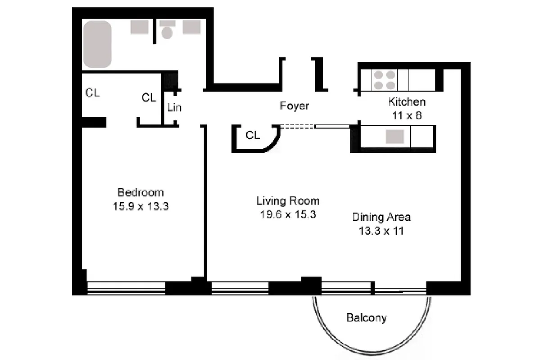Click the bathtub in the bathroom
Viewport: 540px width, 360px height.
pos(97,44)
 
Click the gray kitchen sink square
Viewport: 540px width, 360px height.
pos(395,136)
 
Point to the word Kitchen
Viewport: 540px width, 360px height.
pos(406,102)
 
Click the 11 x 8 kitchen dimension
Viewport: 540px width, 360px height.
pos(406,115)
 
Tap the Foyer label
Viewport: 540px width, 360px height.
pos(294,106)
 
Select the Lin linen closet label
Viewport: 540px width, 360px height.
pos(174,108)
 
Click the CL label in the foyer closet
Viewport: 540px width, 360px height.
pos(253,135)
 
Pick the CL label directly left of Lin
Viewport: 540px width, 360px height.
pos(149,97)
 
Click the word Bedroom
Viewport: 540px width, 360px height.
pos(140,193)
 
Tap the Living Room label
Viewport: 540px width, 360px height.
pos(288,201)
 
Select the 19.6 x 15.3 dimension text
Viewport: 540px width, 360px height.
pos(288,215)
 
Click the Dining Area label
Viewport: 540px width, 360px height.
pos(381,217)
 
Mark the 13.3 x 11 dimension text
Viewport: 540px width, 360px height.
pos(381,231)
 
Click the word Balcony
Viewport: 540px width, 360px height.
pos(366,318)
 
